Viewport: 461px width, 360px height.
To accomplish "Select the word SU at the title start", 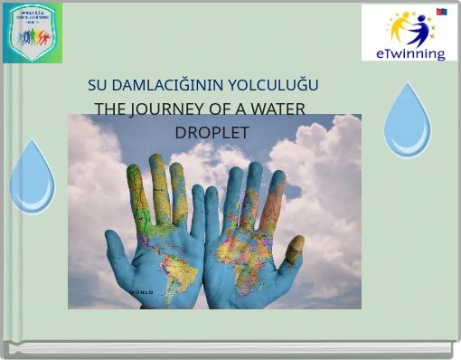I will (x=97, y=85).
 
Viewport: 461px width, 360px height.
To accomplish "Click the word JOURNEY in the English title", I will (x=164, y=109).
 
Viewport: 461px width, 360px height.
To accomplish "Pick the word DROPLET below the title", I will (x=212, y=132).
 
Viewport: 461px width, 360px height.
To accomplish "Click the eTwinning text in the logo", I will (x=409, y=53).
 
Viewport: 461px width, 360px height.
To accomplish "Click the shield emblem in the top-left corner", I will (x=33, y=33).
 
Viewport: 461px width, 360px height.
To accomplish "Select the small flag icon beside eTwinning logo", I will (x=442, y=12).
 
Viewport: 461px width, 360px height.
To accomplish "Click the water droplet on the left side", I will (x=32, y=178).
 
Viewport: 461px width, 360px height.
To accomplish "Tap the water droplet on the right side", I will (x=407, y=122).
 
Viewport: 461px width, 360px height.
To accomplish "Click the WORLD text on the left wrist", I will (x=142, y=293).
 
